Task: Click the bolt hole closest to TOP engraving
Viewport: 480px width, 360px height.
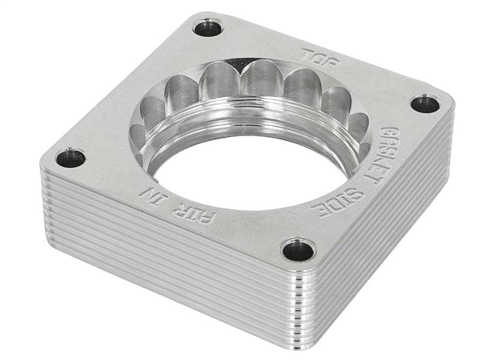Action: coord(209,27)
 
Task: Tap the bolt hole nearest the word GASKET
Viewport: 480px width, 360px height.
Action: coord(425,104)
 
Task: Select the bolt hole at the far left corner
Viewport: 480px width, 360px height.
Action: coord(71,158)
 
